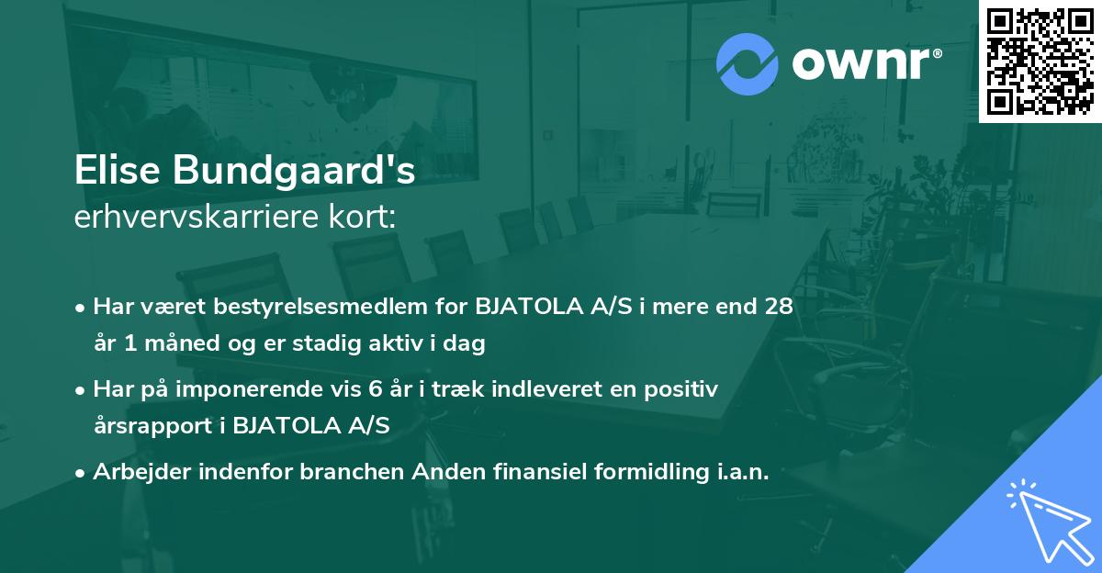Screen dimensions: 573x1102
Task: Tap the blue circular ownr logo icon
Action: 748,64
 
